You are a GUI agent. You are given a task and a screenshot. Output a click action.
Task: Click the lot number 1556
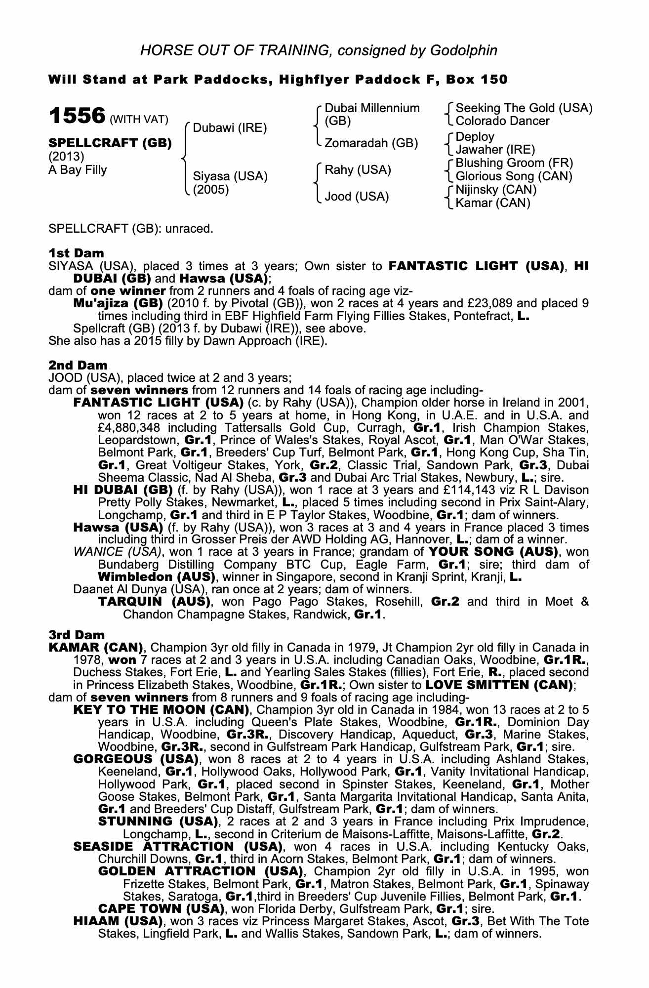pos(77,117)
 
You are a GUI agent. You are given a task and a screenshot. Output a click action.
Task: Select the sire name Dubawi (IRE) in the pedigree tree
pos(230,128)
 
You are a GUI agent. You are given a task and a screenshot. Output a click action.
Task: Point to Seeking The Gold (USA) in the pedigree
pos(524,108)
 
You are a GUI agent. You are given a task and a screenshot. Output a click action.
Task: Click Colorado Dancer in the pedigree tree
pos(502,121)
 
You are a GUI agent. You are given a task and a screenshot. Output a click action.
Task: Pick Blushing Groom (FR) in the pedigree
pos(514,163)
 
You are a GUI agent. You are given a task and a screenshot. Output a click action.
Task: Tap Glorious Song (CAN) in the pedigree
pos(514,176)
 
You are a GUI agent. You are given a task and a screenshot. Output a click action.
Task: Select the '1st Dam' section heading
pos(76,253)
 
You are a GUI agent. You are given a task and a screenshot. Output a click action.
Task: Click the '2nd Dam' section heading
pos(78,366)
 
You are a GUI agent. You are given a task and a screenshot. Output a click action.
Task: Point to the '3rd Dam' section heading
pos(77,635)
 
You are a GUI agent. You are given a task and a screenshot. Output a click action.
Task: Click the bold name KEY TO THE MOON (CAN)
pos(161,710)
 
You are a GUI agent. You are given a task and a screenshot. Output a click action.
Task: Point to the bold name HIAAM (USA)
pos(118,921)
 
